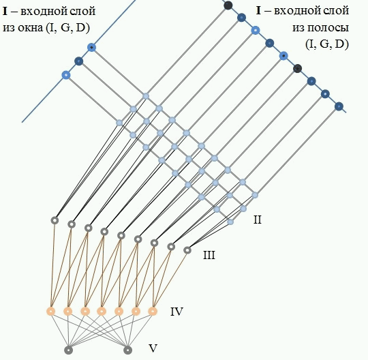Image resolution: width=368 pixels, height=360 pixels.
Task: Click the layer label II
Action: pos(258,220)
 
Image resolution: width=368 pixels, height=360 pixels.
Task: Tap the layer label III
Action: pos(209,255)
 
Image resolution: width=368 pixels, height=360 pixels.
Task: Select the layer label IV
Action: pos(177,312)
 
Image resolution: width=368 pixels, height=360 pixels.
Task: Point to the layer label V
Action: pos(153,348)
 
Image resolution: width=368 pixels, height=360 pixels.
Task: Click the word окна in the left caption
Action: pos(31,28)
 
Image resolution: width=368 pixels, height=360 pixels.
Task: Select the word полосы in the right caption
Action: pos(320,28)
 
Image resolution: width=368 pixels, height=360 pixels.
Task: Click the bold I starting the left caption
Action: pos(5,11)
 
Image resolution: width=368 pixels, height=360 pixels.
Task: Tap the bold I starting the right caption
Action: pos(258,10)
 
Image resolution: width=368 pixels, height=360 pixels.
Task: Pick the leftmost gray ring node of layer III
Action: pos(55,220)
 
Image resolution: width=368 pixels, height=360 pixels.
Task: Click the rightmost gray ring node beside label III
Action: pos(187,250)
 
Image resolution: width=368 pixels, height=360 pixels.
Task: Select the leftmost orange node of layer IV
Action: pos(51,312)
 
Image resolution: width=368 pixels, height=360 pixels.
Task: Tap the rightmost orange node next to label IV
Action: pos(153,312)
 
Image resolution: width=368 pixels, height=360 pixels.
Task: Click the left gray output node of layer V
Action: pos(68,350)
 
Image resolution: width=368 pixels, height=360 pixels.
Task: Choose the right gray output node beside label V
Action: pos(127,350)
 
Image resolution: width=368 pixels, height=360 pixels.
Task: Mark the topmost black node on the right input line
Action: pos(228,5)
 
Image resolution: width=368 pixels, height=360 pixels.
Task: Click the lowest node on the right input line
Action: pos(339,106)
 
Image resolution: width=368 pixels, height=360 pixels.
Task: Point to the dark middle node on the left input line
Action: pos(79,61)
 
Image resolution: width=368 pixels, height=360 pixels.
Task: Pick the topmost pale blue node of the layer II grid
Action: pos(146,96)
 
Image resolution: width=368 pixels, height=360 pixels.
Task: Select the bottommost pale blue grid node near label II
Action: pos(230,222)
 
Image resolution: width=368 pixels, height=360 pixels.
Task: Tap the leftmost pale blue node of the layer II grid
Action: pos(119,123)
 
